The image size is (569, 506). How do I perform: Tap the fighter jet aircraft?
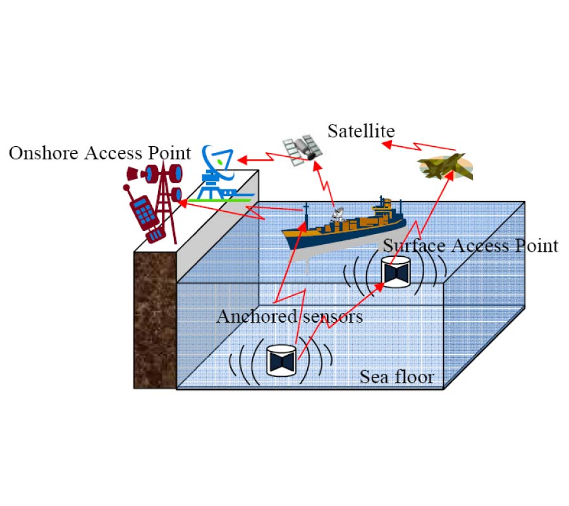[x=444, y=166]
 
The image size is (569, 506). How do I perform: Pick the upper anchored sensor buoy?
[x=396, y=271]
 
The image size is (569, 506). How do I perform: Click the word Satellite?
[x=361, y=131]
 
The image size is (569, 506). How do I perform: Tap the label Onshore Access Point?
[x=99, y=152]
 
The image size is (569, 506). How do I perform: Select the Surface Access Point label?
[x=471, y=245]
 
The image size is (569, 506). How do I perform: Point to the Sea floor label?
[x=397, y=377]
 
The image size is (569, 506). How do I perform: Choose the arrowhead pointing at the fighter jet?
[x=451, y=173]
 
